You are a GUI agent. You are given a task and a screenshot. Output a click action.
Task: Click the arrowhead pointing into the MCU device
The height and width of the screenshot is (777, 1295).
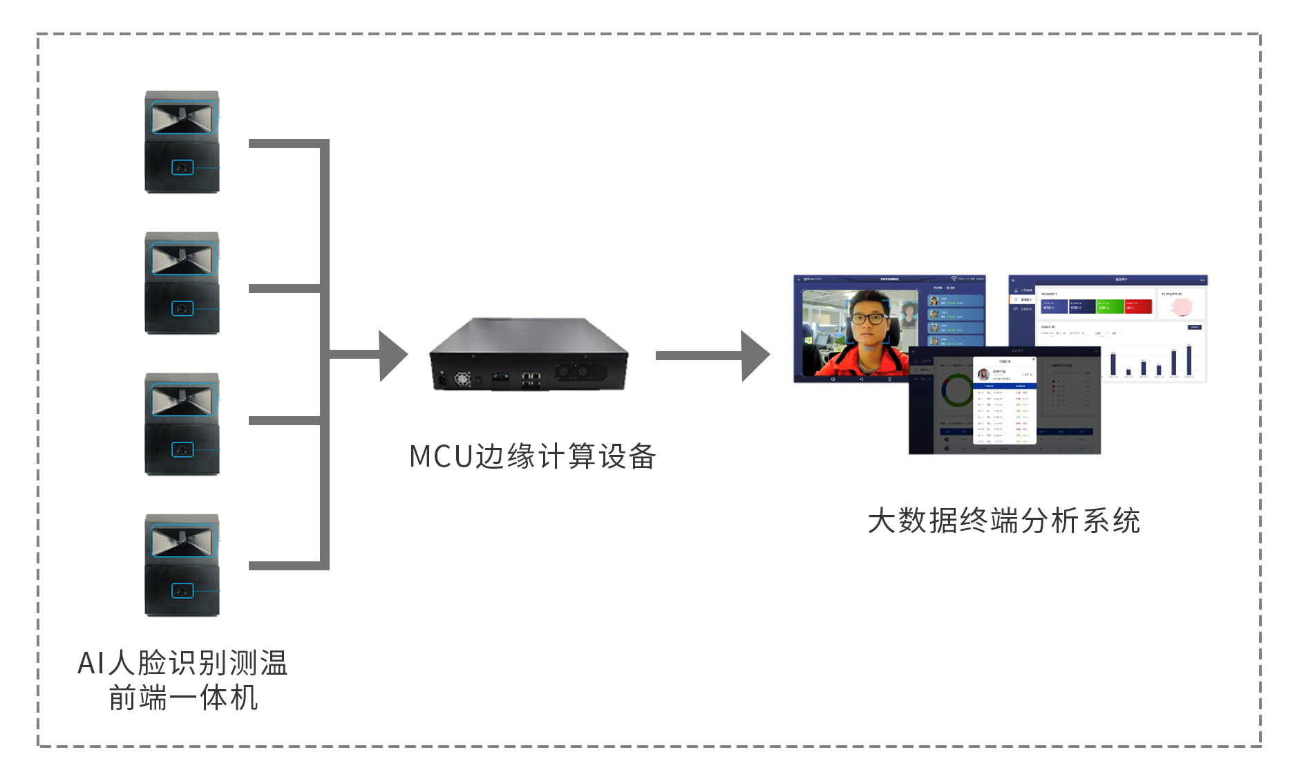[393, 355]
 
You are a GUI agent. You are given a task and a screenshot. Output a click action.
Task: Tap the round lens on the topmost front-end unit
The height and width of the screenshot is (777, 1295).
[182, 168]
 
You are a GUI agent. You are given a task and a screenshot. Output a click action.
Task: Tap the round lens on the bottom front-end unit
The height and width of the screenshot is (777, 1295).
[182, 591]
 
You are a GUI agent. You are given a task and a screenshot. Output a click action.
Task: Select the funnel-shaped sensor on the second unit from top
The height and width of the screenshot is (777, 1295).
[182, 259]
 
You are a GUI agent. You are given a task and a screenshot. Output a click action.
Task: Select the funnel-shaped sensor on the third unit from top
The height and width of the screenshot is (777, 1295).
[182, 400]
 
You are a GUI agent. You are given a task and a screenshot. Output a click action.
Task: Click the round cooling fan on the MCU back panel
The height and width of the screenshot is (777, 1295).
[462, 379]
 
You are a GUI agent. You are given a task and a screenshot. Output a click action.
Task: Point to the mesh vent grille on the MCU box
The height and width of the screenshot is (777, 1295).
[580, 373]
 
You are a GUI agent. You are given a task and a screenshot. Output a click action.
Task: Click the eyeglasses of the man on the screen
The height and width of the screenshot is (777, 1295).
[868, 319]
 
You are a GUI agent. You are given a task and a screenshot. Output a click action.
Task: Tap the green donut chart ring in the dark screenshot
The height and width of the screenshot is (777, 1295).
[957, 390]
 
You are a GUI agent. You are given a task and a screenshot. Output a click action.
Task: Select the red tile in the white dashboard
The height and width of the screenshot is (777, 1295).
[1138, 306]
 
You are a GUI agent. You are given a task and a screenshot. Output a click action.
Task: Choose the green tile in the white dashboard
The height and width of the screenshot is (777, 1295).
[1110, 306]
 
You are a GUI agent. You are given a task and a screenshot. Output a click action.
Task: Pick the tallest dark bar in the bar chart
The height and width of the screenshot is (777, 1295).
[1189, 360]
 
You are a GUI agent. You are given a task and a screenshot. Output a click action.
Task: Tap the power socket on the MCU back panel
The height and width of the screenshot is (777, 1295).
[442, 379]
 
